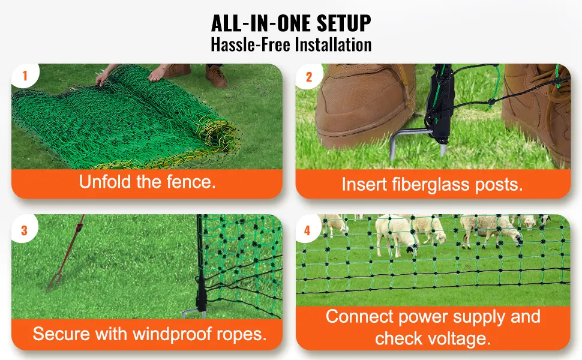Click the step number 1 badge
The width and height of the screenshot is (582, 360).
pos(25,76)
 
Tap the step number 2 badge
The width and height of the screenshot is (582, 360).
pos(309,76)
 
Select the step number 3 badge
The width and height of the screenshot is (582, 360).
pos(25,230)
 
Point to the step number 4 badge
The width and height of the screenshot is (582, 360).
pos(308,230)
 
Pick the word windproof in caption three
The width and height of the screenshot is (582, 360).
pos(173,334)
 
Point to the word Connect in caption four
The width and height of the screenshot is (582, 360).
pos(359,317)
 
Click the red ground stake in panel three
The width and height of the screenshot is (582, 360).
pos(65,253)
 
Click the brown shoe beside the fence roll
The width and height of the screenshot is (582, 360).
pos(215,76)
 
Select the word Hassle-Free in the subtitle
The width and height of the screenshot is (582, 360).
pos(251,45)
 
